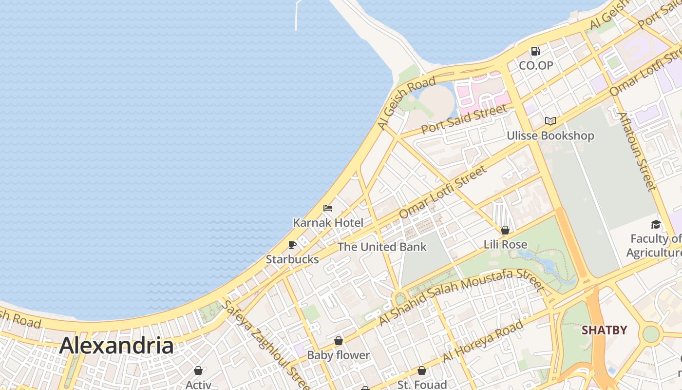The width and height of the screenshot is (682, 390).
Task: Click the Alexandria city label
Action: (116, 346)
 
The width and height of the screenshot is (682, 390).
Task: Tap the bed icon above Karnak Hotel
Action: (328, 208)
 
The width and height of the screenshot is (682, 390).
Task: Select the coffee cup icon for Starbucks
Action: (292, 245)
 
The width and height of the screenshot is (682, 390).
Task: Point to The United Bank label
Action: (382, 247)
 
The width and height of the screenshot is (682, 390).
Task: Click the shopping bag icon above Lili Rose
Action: (505, 230)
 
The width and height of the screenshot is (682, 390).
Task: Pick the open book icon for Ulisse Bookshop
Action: (550, 121)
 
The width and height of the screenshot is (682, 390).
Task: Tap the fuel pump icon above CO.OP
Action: (535, 51)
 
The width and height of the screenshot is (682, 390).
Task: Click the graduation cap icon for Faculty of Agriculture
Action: (656, 224)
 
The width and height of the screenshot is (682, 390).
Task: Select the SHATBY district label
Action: (604, 330)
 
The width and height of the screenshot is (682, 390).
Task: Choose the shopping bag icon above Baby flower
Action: (339, 341)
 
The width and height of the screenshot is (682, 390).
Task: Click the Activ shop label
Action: (198, 384)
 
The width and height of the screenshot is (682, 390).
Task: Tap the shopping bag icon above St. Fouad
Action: (422, 370)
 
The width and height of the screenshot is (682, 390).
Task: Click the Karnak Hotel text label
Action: (328, 223)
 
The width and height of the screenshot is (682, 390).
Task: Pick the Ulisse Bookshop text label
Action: (550, 136)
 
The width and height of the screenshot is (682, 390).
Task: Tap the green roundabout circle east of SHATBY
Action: (651, 334)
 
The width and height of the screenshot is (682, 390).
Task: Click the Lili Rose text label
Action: (505, 244)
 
